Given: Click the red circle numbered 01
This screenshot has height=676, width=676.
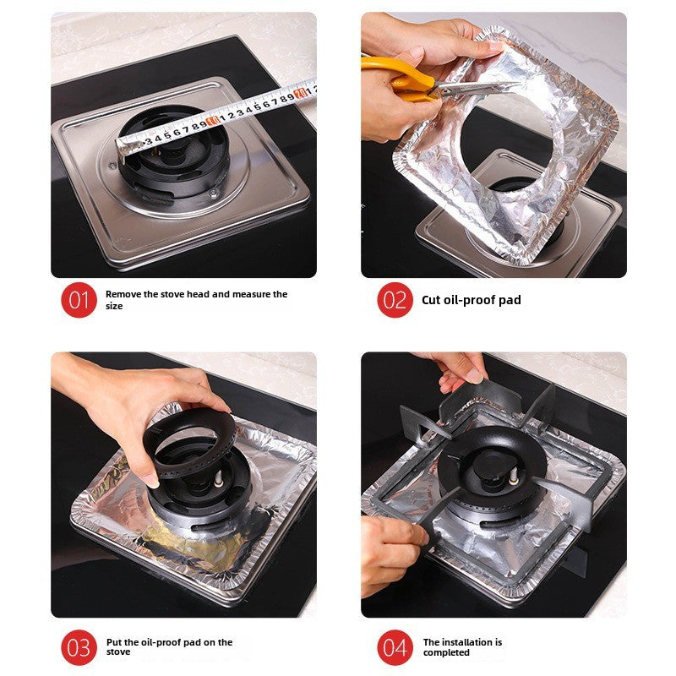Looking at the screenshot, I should tap(79, 300).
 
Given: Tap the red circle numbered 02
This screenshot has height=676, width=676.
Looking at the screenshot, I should tap(395, 300).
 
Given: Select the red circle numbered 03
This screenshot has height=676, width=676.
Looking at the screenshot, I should tap(79, 648).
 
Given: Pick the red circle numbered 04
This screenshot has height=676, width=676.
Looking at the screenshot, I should tap(395, 648).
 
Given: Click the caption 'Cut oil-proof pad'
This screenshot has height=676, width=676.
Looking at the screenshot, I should tap(471, 300).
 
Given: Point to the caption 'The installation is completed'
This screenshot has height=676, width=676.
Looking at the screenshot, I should tap(462, 647).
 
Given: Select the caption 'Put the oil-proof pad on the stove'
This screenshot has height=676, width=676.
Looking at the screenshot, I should tap(169, 647).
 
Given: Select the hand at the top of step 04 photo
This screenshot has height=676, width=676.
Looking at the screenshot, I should tap(456, 368).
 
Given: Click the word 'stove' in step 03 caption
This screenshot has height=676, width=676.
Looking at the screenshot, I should tap(119, 653).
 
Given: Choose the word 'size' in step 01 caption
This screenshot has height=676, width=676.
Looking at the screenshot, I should tap(114, 306).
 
